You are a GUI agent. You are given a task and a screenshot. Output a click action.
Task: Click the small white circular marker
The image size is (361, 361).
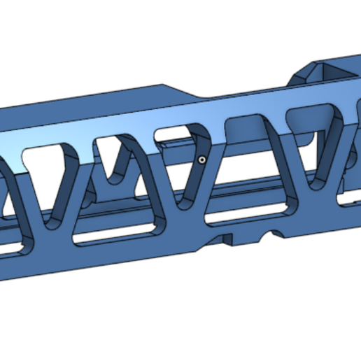pos(201,160)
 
